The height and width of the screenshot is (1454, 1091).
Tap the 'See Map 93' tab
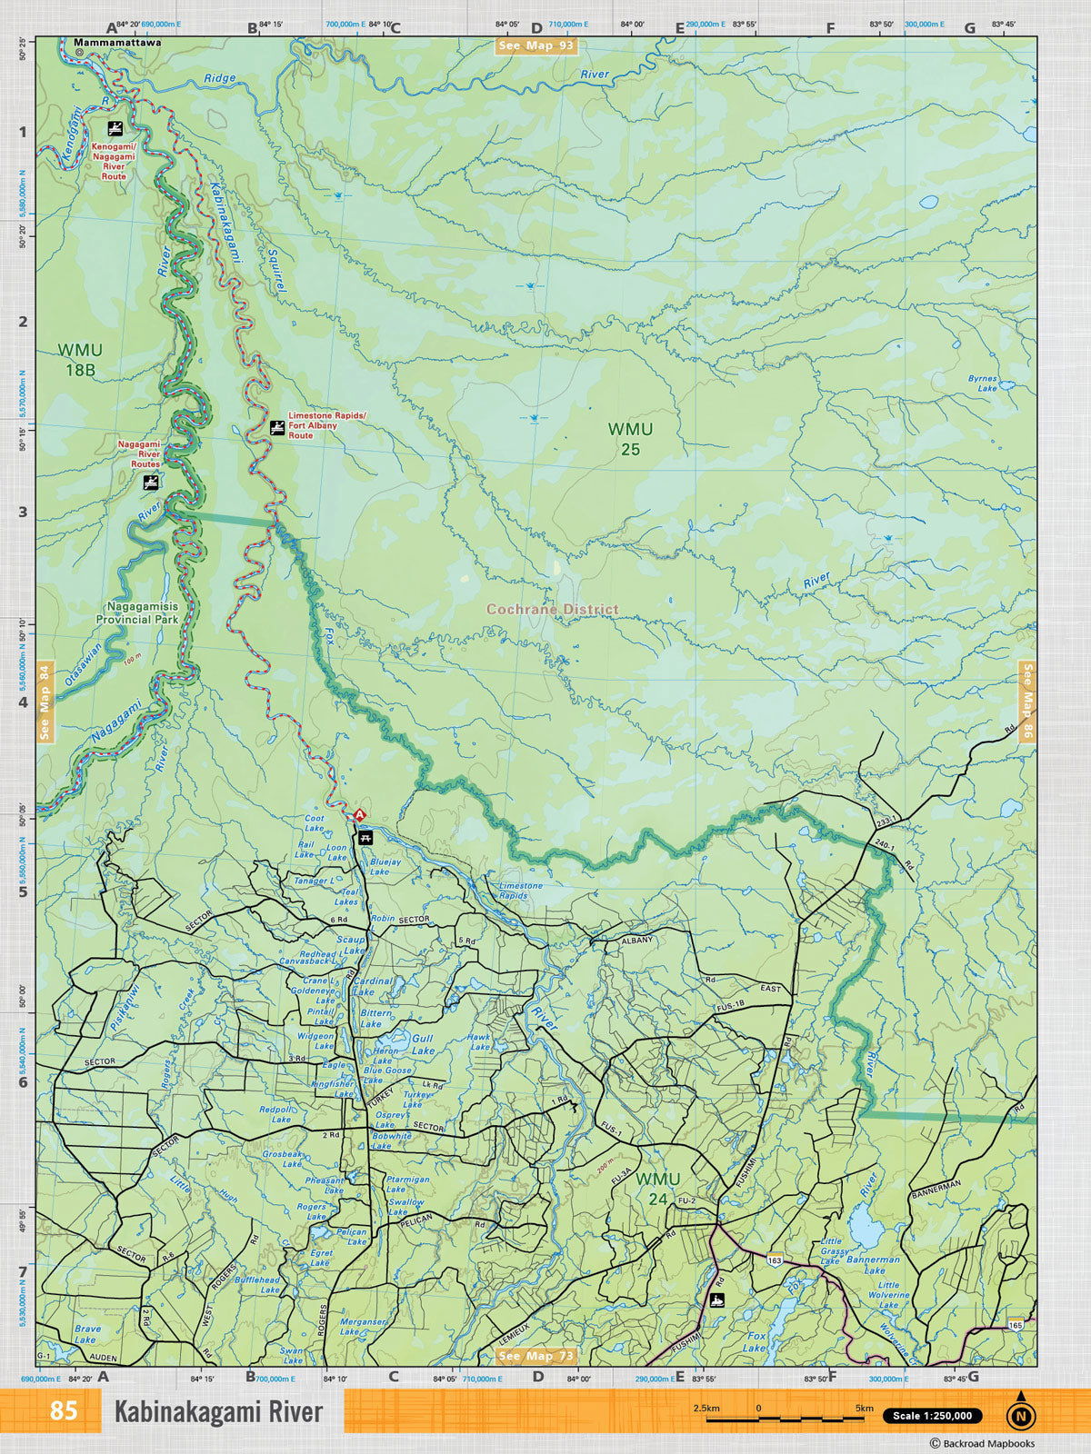[535, 45]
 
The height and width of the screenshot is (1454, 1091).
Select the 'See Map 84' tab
[45, 702]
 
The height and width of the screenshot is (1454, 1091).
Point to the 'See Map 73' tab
[536, 1356]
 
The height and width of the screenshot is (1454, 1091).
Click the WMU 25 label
[630, 438]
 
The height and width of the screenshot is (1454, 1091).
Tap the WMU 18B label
[80, 360]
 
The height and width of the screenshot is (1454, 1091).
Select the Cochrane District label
[552, 609]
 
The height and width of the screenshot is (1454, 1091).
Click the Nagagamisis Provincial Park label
[136, 612]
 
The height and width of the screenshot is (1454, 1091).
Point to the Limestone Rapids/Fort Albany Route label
[325, 425]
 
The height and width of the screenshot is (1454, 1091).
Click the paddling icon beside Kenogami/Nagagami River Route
[115, 128]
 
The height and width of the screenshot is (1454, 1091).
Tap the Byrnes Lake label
[982, 383]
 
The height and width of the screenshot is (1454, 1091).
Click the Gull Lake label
[423, 1044]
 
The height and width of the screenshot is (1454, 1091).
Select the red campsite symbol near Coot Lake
[359, 814]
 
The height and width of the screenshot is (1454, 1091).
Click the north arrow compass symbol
[1020, 1414]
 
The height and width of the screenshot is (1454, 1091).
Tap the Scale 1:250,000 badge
[932, 1416]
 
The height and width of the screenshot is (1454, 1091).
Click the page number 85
[64, 1411]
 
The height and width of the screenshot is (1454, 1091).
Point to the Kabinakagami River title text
[218, 1412]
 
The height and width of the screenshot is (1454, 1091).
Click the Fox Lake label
[756, 1341]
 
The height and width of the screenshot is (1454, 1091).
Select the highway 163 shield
[775, 1260]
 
